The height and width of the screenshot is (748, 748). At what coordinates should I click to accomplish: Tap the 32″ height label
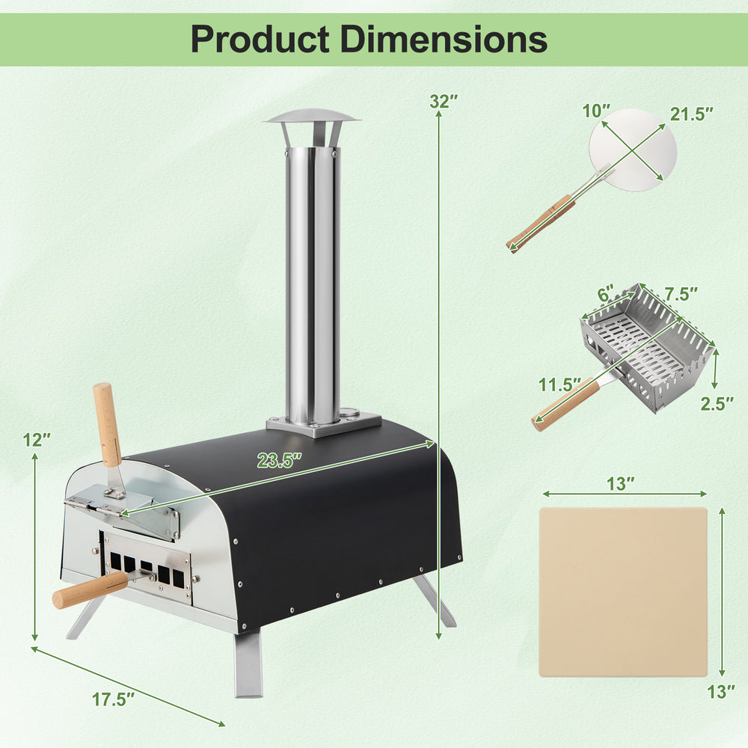coord(444,101)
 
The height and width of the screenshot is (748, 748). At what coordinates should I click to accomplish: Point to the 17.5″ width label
coord(114,701)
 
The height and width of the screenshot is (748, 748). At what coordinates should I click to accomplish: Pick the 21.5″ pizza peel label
coord(691,114)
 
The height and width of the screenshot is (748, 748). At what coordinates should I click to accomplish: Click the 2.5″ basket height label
coord(717,404)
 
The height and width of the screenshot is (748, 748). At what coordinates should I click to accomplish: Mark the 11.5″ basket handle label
coord(560,385)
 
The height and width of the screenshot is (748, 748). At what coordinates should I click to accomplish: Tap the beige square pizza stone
coord(622,592)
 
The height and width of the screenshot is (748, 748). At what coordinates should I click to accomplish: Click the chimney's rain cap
coord(312,118)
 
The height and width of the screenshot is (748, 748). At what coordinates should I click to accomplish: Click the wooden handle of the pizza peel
coord(542,223)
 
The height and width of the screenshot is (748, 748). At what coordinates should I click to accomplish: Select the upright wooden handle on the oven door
coord(107,423)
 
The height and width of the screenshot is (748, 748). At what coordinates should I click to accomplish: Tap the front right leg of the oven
coord(248,662)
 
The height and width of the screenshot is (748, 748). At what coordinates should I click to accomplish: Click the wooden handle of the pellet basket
coord(565,406)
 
